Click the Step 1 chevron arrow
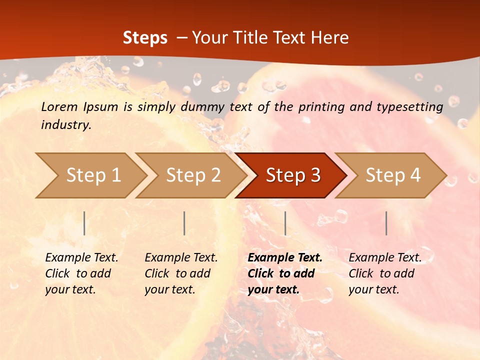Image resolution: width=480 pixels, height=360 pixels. pyautogui.click(x=90, y=175)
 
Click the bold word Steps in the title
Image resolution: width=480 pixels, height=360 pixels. pyautogui.click(x=145, y=38)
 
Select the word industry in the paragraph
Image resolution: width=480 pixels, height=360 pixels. pyautogui.click(x=66, y=125)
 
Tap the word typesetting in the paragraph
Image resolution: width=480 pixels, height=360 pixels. pyautogui.click(x=409, y=106)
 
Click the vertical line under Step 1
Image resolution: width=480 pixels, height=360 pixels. pyautogui.click(x=84, y=223)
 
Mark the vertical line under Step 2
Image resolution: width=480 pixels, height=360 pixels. pyautogui.click(x=184, y=223)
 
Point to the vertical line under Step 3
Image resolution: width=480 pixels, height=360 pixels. pyautogui.click(x=285, y=223)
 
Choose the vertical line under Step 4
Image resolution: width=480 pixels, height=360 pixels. pyautogui.click(x=386, y=223)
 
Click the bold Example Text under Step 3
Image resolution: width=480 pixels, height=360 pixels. pyautogui.click(x=285, y=258)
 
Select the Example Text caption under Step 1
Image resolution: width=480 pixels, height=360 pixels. pyautogui.click(x=81, y=258)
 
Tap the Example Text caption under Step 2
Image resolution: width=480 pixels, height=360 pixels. pyautogui.click(x=181, y=258)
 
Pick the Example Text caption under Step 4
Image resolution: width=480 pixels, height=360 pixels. pyautogui.click(x=385, y=258)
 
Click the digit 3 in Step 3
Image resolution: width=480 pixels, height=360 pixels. pyautogui.click(x=315, y=175)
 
